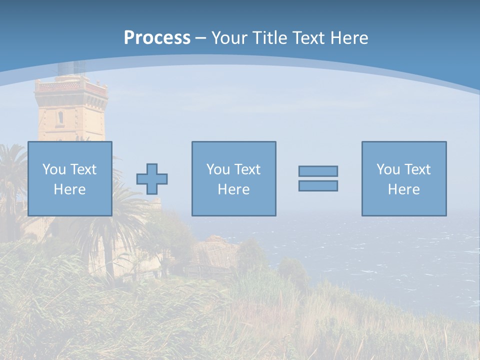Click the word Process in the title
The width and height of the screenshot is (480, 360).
tap(157, 38)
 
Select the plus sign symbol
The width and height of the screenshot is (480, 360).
tap(152, 179)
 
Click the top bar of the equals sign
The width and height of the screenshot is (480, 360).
tap(318, 171)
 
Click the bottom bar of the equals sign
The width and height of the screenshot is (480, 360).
tap(318, 186)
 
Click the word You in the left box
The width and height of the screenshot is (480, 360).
tap(54, 169)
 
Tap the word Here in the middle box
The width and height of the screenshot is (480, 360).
tap(233, 189)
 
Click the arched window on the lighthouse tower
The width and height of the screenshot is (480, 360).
tap(60, 117)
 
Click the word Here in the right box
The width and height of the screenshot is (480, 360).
tap(404, 189)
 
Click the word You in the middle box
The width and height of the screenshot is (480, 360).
tap(218, 169)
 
